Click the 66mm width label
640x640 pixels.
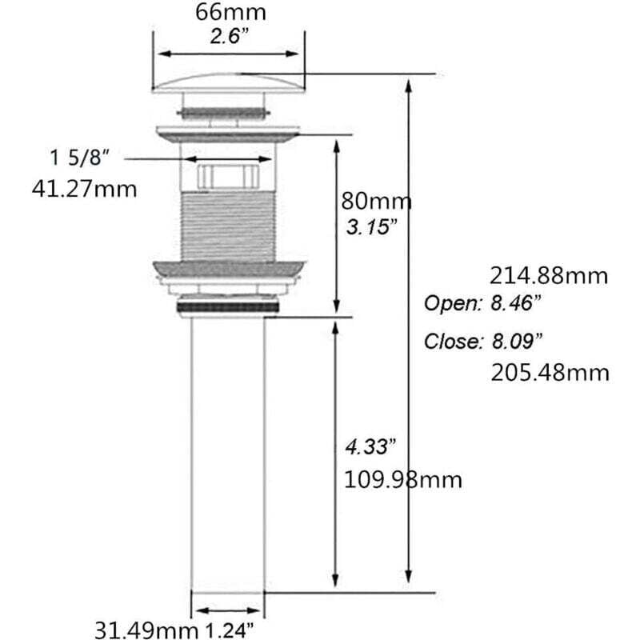point(230,12)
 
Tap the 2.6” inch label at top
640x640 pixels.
point(230,36)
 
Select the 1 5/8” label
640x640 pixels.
point(80,157)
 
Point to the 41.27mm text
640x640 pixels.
point(85,190)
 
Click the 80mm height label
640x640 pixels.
point(376,202)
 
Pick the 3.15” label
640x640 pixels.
point(371,227)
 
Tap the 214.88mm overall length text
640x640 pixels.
point(549,276)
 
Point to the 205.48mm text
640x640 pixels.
point(550,373)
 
